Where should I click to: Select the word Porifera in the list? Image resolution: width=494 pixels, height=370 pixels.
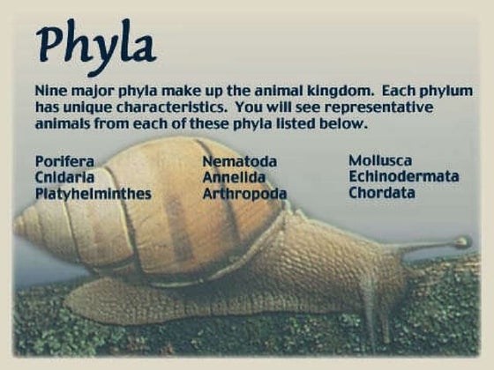pyautogui.click(x=64, y=162)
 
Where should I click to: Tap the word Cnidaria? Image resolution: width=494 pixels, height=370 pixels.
pyautogui.click(x=64, y=177)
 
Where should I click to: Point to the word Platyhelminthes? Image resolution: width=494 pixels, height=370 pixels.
pyautogui.click(x=93, y=193)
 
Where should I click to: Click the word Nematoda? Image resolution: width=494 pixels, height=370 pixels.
pyautogui.click(x=239, y=162)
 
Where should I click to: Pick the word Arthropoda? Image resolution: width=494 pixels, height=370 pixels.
pyautogui.click(x=244, y=193)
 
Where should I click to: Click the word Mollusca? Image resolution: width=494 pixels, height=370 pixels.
pyautogui.click(x=380, y=160)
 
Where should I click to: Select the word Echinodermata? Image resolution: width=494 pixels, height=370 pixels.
pyautogui.click(x=403, y=176)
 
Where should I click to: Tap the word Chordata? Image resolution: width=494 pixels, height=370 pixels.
pyautogui.click(x=381, y=192)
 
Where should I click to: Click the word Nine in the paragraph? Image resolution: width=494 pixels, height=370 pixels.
pyautogui.click(x=51, y=92)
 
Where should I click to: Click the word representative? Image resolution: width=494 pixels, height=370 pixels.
pyautogui.click(x=384, y=107)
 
